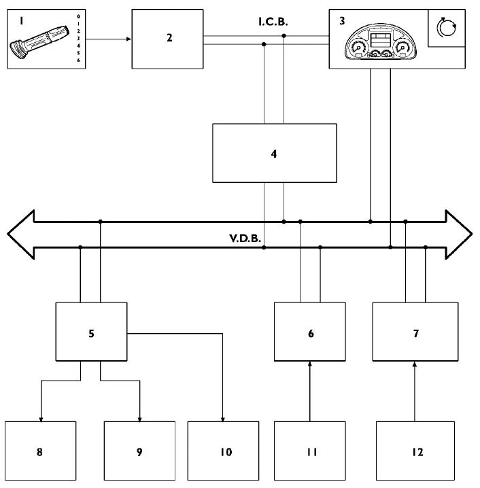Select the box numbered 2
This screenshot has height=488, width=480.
(168, 39)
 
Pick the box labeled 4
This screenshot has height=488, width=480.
(274, 154)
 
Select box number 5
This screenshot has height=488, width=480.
(91, 333)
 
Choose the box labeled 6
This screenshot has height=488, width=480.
(309, 333)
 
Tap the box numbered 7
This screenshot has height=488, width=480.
(414, 333)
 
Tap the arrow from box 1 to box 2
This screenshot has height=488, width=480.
(109, 39)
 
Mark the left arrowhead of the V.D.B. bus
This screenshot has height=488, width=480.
(20, 234)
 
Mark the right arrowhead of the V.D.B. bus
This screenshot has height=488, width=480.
(460, 234)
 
